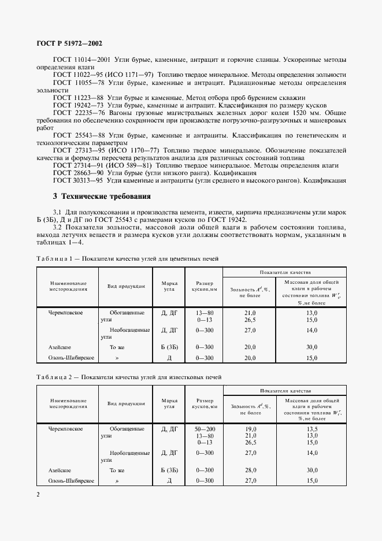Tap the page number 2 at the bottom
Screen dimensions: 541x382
[x=38, y=494]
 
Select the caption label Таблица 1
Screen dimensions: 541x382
[x=55, y=258]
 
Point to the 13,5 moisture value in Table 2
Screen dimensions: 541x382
[x=312, y=429]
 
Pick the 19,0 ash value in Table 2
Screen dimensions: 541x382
[x=250, y=429]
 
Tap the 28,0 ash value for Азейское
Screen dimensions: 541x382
[x=250, y=470]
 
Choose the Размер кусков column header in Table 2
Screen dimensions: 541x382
[x=205, y=403]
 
